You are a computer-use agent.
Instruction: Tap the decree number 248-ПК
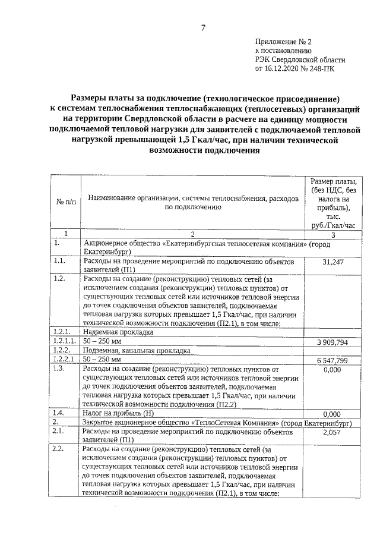(324, 69)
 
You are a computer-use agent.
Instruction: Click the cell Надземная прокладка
(119, 333)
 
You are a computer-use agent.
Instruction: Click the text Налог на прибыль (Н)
(120, 413)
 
